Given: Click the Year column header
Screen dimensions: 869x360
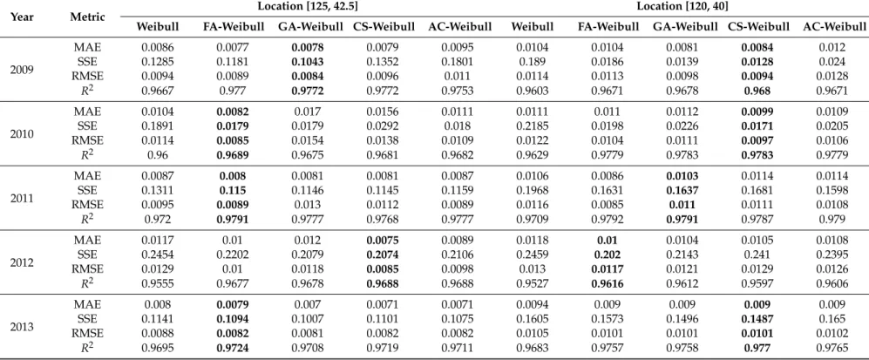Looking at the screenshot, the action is [22, 17].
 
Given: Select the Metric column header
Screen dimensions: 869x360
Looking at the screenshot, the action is [87, 17].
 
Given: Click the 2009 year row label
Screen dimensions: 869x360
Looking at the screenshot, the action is [22, 69].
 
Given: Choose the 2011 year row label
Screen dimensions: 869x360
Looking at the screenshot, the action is [22, 198].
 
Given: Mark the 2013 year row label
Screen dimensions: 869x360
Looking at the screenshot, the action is [22, 327].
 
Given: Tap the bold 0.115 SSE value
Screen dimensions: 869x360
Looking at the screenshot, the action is [233, 191].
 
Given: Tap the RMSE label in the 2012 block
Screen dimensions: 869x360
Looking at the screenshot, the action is [87, 269].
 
